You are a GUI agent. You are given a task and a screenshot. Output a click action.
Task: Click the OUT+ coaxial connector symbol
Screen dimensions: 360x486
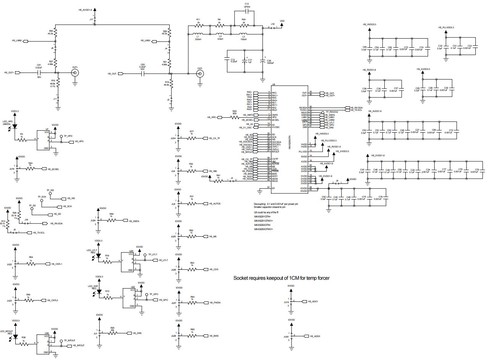(75, 72)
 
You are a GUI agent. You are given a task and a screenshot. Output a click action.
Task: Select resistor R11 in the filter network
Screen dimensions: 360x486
(198, 26)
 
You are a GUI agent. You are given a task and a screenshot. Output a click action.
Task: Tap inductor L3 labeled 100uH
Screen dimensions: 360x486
(243, 34)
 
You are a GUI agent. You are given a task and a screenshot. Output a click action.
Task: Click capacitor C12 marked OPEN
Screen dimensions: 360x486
(247, 11)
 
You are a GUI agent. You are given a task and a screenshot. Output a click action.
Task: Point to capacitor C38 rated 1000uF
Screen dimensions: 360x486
(262, 62)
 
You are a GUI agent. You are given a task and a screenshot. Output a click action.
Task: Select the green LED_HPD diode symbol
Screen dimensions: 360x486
(15, 126)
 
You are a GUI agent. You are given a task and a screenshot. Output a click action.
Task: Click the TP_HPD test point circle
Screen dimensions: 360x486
(61, 136)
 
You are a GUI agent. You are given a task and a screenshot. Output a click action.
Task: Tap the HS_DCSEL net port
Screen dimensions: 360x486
(53, 169)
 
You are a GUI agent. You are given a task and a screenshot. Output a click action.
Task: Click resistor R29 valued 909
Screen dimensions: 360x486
(235, 117)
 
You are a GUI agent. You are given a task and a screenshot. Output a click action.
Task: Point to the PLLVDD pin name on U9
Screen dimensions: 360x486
(303, 151)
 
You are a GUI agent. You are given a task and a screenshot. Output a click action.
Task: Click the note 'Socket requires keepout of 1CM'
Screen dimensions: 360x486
(281, 278)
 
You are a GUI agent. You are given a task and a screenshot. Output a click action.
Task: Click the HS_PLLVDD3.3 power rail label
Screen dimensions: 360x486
(446, 28)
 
